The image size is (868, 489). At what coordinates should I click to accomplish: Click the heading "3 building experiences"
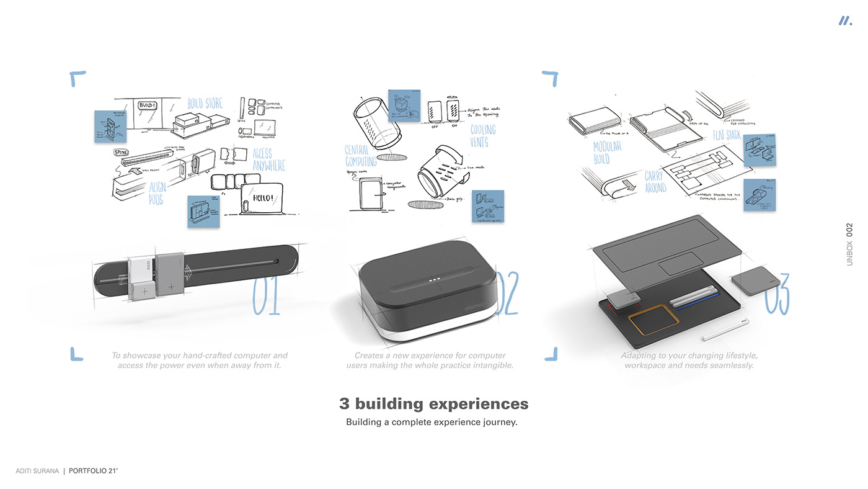433,404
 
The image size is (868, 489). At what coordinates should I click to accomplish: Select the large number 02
507,294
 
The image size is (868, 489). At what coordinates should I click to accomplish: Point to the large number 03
776,294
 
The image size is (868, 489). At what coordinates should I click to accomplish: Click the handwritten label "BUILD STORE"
205,103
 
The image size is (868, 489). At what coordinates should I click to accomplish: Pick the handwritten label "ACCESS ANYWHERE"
269,159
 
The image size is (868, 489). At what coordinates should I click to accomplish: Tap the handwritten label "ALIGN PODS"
157,193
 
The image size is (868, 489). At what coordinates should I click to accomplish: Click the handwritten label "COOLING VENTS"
483,136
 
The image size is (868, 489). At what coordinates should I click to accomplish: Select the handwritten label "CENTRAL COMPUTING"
361,155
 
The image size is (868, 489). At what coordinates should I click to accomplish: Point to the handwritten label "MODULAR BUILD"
607,153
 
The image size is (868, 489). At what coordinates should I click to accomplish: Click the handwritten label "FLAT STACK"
727,135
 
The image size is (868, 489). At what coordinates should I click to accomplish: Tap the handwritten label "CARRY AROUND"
655,181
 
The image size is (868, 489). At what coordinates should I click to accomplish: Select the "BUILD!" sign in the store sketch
147,106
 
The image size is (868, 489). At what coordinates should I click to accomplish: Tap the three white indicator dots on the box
435,280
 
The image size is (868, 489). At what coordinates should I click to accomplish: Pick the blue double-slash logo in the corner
845,20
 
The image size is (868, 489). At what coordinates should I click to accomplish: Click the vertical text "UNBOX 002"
849,244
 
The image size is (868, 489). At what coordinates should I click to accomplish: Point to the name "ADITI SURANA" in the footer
37,471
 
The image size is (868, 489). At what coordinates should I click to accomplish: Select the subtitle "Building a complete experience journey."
432,423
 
